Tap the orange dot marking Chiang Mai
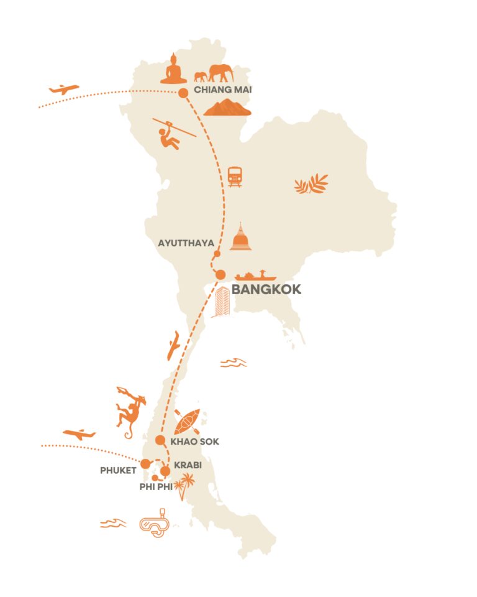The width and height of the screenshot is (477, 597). pos(183,93)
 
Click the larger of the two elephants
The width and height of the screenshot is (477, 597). pos(221,73)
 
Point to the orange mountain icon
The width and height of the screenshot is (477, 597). pos(227,108)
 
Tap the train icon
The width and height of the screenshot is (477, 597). pos(235,177)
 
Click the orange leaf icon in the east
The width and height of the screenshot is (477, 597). pos(311,184)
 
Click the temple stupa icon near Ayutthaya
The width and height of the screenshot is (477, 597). pos(240,237)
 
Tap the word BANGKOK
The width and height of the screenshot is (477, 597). pos(266,289)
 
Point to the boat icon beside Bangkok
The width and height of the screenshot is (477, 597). pos(255,275)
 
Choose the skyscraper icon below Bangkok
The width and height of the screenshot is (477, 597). pos(221,302)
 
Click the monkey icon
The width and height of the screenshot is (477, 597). pos(130,410)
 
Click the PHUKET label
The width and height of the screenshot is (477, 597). pos(117,471)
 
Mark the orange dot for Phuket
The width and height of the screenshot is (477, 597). pos(145,464)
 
